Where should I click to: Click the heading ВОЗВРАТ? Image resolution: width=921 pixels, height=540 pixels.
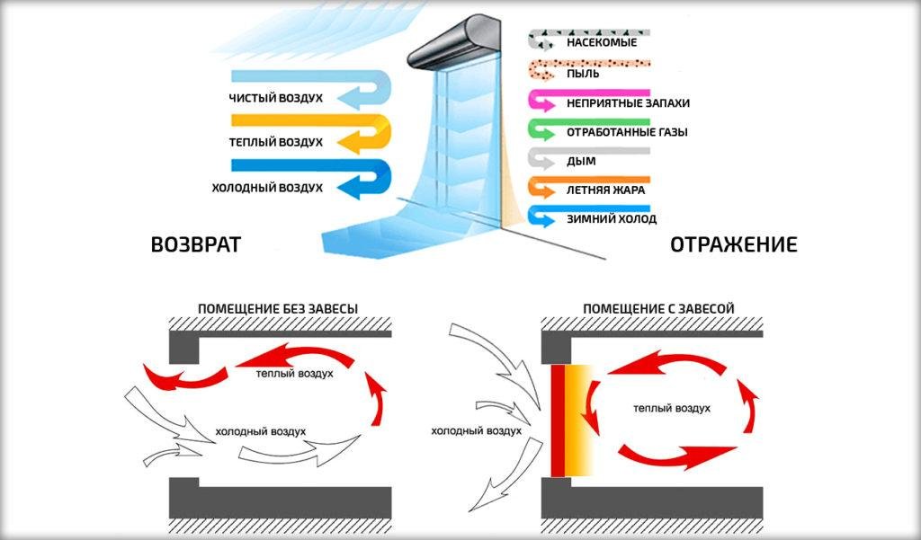click(x=196, y=244)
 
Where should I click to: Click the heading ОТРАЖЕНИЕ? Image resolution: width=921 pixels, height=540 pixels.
click(x=734, y=244)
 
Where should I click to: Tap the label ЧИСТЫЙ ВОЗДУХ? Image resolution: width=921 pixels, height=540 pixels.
click(x=276, y=97)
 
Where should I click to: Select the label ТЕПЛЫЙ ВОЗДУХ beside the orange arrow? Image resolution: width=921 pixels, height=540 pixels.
click(x=276, y=142)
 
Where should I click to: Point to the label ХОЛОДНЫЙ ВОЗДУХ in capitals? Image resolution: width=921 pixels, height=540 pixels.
click(x=267, y=188)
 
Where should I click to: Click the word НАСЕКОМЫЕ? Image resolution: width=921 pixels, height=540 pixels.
click(x=602, y=42)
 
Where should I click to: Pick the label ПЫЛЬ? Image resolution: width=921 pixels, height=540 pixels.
click(x=583, y=72)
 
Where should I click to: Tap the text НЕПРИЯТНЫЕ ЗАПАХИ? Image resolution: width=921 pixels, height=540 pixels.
click(x=628, y=102)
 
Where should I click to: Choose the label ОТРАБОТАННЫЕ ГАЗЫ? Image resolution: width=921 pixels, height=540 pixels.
click(x=627, y=132)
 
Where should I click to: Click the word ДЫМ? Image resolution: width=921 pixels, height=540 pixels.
click(x=581, y=161)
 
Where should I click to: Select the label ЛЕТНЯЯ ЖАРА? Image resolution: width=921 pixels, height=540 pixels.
click(x=605, y=190)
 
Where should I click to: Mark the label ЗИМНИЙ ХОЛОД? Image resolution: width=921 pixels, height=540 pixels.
click(x=612, y=218)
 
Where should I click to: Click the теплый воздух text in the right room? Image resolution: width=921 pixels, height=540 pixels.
click(x=672, y=409)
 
